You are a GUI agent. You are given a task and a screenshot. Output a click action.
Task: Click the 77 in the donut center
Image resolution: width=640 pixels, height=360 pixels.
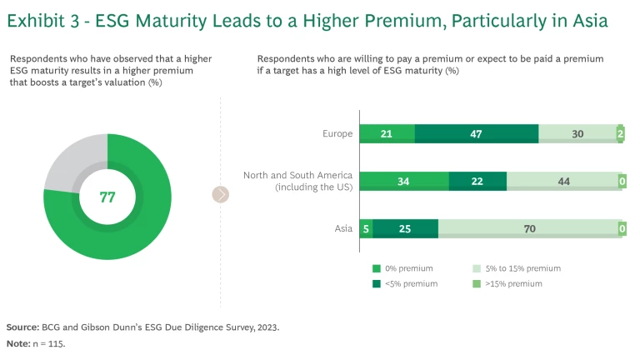point(107,197)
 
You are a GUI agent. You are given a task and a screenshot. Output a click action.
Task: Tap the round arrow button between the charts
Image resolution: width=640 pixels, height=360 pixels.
point(220,195)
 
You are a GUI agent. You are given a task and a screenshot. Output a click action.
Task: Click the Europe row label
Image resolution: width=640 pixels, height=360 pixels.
point(337,133)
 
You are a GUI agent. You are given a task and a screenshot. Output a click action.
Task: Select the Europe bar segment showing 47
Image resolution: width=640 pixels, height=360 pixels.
point(477,133)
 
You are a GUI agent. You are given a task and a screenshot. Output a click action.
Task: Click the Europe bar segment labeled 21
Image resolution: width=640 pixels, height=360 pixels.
point(387,133)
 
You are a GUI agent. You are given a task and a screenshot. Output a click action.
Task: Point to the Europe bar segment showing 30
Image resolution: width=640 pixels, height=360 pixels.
point(577,133)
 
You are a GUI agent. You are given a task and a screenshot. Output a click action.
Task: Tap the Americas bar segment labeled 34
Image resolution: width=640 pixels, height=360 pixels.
point(404,181)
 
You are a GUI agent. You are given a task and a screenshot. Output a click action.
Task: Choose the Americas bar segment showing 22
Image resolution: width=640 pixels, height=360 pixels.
point(477,181)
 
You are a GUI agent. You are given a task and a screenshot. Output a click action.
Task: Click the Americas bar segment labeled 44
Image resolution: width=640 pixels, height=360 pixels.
point(563,181)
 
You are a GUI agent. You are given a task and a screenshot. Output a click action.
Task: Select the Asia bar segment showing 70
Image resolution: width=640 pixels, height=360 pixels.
point(530,228)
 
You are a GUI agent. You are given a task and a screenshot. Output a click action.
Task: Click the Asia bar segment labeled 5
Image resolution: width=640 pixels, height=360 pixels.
point(366,228)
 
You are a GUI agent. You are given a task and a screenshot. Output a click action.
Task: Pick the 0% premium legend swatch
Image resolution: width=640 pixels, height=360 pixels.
point(377,268)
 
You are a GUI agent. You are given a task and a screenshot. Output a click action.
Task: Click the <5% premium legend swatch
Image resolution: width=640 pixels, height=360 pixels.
point(377,284)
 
